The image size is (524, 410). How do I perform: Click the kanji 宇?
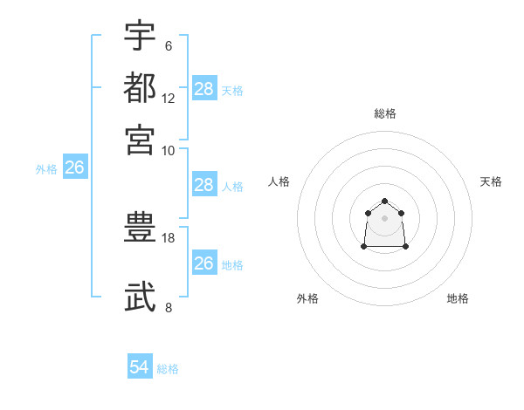(x=140, y=36)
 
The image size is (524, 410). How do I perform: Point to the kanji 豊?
(x=140, y=229)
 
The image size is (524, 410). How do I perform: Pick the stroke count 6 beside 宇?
(x=169, y=46)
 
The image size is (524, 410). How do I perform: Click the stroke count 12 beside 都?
(x=169, y=98)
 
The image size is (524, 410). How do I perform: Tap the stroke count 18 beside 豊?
(x=169, y=237)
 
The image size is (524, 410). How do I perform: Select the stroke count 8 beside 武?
(x=169, y=307)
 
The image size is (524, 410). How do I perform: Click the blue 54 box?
(x=140, y=367)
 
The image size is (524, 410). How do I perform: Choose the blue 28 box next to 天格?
(x=204, y=89)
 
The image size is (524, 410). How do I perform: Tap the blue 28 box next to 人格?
(x=204, y=185)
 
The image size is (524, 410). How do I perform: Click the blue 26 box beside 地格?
(x=204, y=263)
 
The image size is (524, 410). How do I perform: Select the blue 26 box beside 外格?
(x=74, y=168)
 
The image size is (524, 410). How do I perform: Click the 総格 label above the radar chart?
(x=385, y=113)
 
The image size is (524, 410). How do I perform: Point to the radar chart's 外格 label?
(x=307, y=298)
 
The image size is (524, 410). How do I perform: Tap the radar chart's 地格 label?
(x=458, y=298)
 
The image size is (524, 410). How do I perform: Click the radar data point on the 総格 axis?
(x=385, y=202)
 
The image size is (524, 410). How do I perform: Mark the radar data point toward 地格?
(x=406, y=247)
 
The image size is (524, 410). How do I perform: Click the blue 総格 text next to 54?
(x=168, y=368)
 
